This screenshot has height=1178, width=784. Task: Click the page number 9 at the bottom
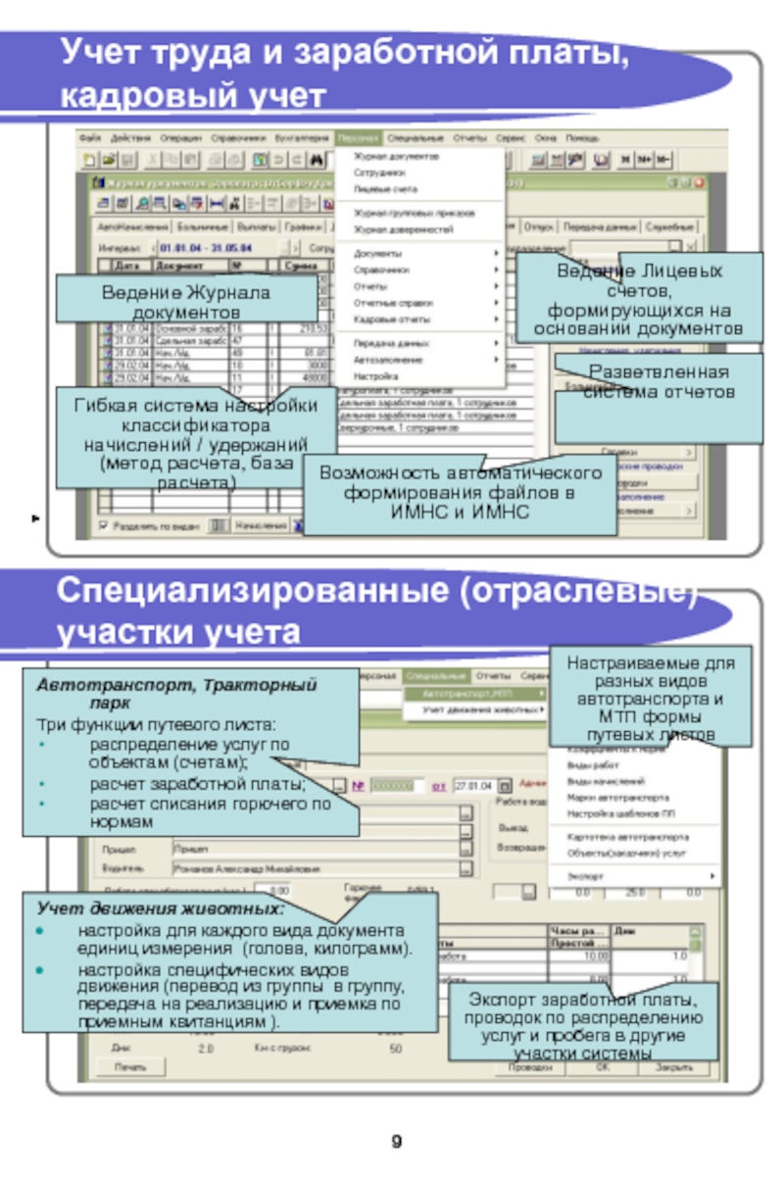[x=396, y=1142]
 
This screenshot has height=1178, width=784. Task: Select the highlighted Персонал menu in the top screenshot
[x=357, y=138]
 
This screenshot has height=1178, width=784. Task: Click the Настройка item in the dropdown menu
[x=369, y=375]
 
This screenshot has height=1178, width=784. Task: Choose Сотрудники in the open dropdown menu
[x=375, y=172]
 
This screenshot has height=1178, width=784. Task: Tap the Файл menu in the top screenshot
[x=91, y=138]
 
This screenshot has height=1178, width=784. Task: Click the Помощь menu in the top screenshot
[x=582, y=138]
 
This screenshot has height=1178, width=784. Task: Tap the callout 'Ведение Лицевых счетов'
[x=641, y=297]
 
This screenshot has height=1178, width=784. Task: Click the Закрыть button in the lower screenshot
[x=675, y=1067]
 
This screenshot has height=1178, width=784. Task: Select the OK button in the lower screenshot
[x=602, y=1067]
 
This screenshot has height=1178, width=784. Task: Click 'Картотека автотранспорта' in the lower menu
[x=627, y=838]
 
